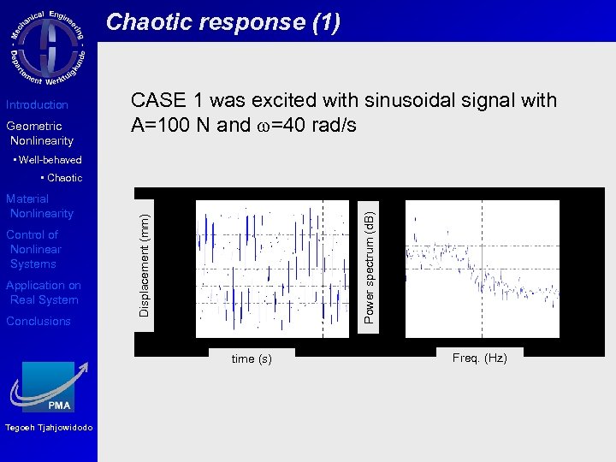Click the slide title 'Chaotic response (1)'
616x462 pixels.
tap(222, 22)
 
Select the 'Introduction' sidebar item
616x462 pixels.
tap(37, 104)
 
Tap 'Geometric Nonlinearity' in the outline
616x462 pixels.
tap(39, 133)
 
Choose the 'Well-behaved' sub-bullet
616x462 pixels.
tap(50, 160)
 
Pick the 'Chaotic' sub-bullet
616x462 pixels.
tap(62, 178)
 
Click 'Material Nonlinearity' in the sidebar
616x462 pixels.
tap(39, 206)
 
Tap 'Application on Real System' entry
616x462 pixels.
tap(43, 293)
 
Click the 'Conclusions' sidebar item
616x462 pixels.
tap(38, 322)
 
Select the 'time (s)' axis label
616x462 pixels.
tap(252, 359)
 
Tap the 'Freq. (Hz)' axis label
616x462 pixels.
tap(479, 358)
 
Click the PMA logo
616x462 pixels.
tap(50, 388)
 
